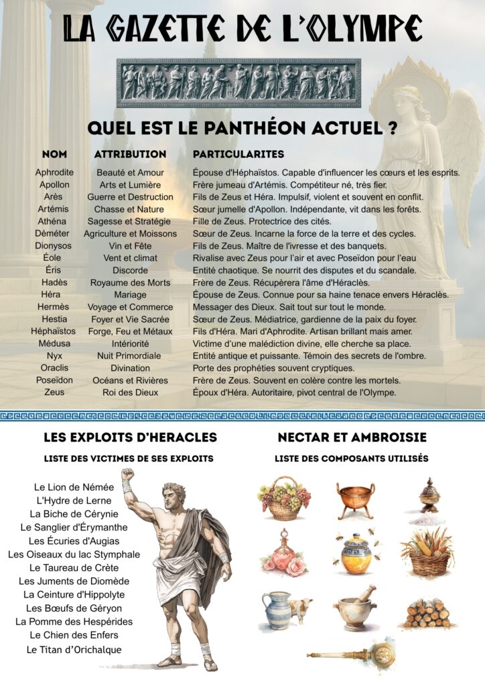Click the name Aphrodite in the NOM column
pyautogui.click(x=54, y=173)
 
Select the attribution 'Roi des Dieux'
pyautogui.click(x=131, y=393)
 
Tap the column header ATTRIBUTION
pyautogui.click(x=130, y=154)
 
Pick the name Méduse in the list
pyautogui.click(x=54, y=344)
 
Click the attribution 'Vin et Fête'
pyautogui.click(x=131, y=246)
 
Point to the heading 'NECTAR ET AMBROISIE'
pyautogui.click(x=352, y=437)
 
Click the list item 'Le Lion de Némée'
pyautogui.click(x=74, y=487)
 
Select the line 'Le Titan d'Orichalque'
pyautogui.click(x=74, y=650)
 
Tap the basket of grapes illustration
pyautogui.click(x=284, y=499)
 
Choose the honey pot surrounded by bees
pyautogui.click(x=356, y=553)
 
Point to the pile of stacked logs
pyautogui.click(x=427, y=612)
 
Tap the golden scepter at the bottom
pyautogui.click(x=355, y=653)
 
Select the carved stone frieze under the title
pyautogui.click(x=238, y=82)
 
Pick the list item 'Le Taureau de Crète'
pyautogui.click(x=74, y=568)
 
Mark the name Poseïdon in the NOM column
pyautogui.click(x=54, y=381)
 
